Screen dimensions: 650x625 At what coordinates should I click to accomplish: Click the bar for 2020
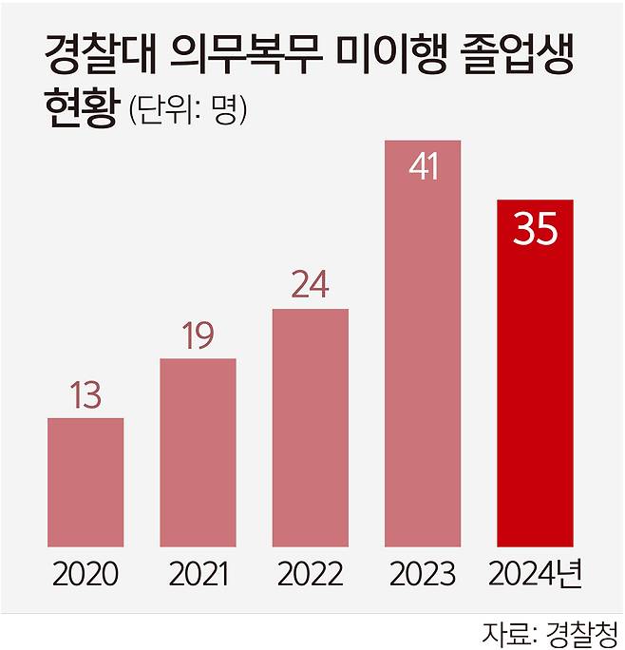[x=85, y=483]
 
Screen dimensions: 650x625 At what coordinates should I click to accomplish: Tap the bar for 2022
[x=310, y=428]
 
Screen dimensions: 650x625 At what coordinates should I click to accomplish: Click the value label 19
[x=198, y=336]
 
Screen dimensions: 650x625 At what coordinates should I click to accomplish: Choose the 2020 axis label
[x=85, y=575]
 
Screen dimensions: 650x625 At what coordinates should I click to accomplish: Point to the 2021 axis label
[x=198, y=575]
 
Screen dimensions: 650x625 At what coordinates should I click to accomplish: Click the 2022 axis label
[x=310, y=575]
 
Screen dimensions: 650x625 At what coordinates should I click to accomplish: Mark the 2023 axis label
[x=423, y=575]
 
